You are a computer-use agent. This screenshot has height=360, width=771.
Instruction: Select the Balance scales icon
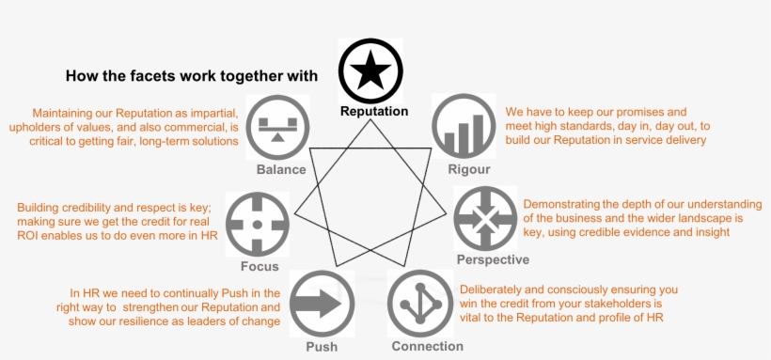point(276,125)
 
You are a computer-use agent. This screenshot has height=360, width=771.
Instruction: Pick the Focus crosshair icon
point(258,224)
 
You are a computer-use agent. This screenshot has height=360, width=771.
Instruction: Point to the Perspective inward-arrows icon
point(486,218)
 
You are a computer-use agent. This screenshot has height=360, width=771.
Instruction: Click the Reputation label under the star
point(374,111)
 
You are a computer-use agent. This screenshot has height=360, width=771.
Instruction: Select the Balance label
point(281,169)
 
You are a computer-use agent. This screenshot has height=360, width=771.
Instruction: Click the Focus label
point(259,266)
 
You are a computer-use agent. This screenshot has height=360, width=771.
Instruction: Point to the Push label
point(321,347)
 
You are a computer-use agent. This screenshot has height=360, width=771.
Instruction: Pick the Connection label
point(427,346)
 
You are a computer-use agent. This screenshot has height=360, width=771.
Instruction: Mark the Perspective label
point(493,259)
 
